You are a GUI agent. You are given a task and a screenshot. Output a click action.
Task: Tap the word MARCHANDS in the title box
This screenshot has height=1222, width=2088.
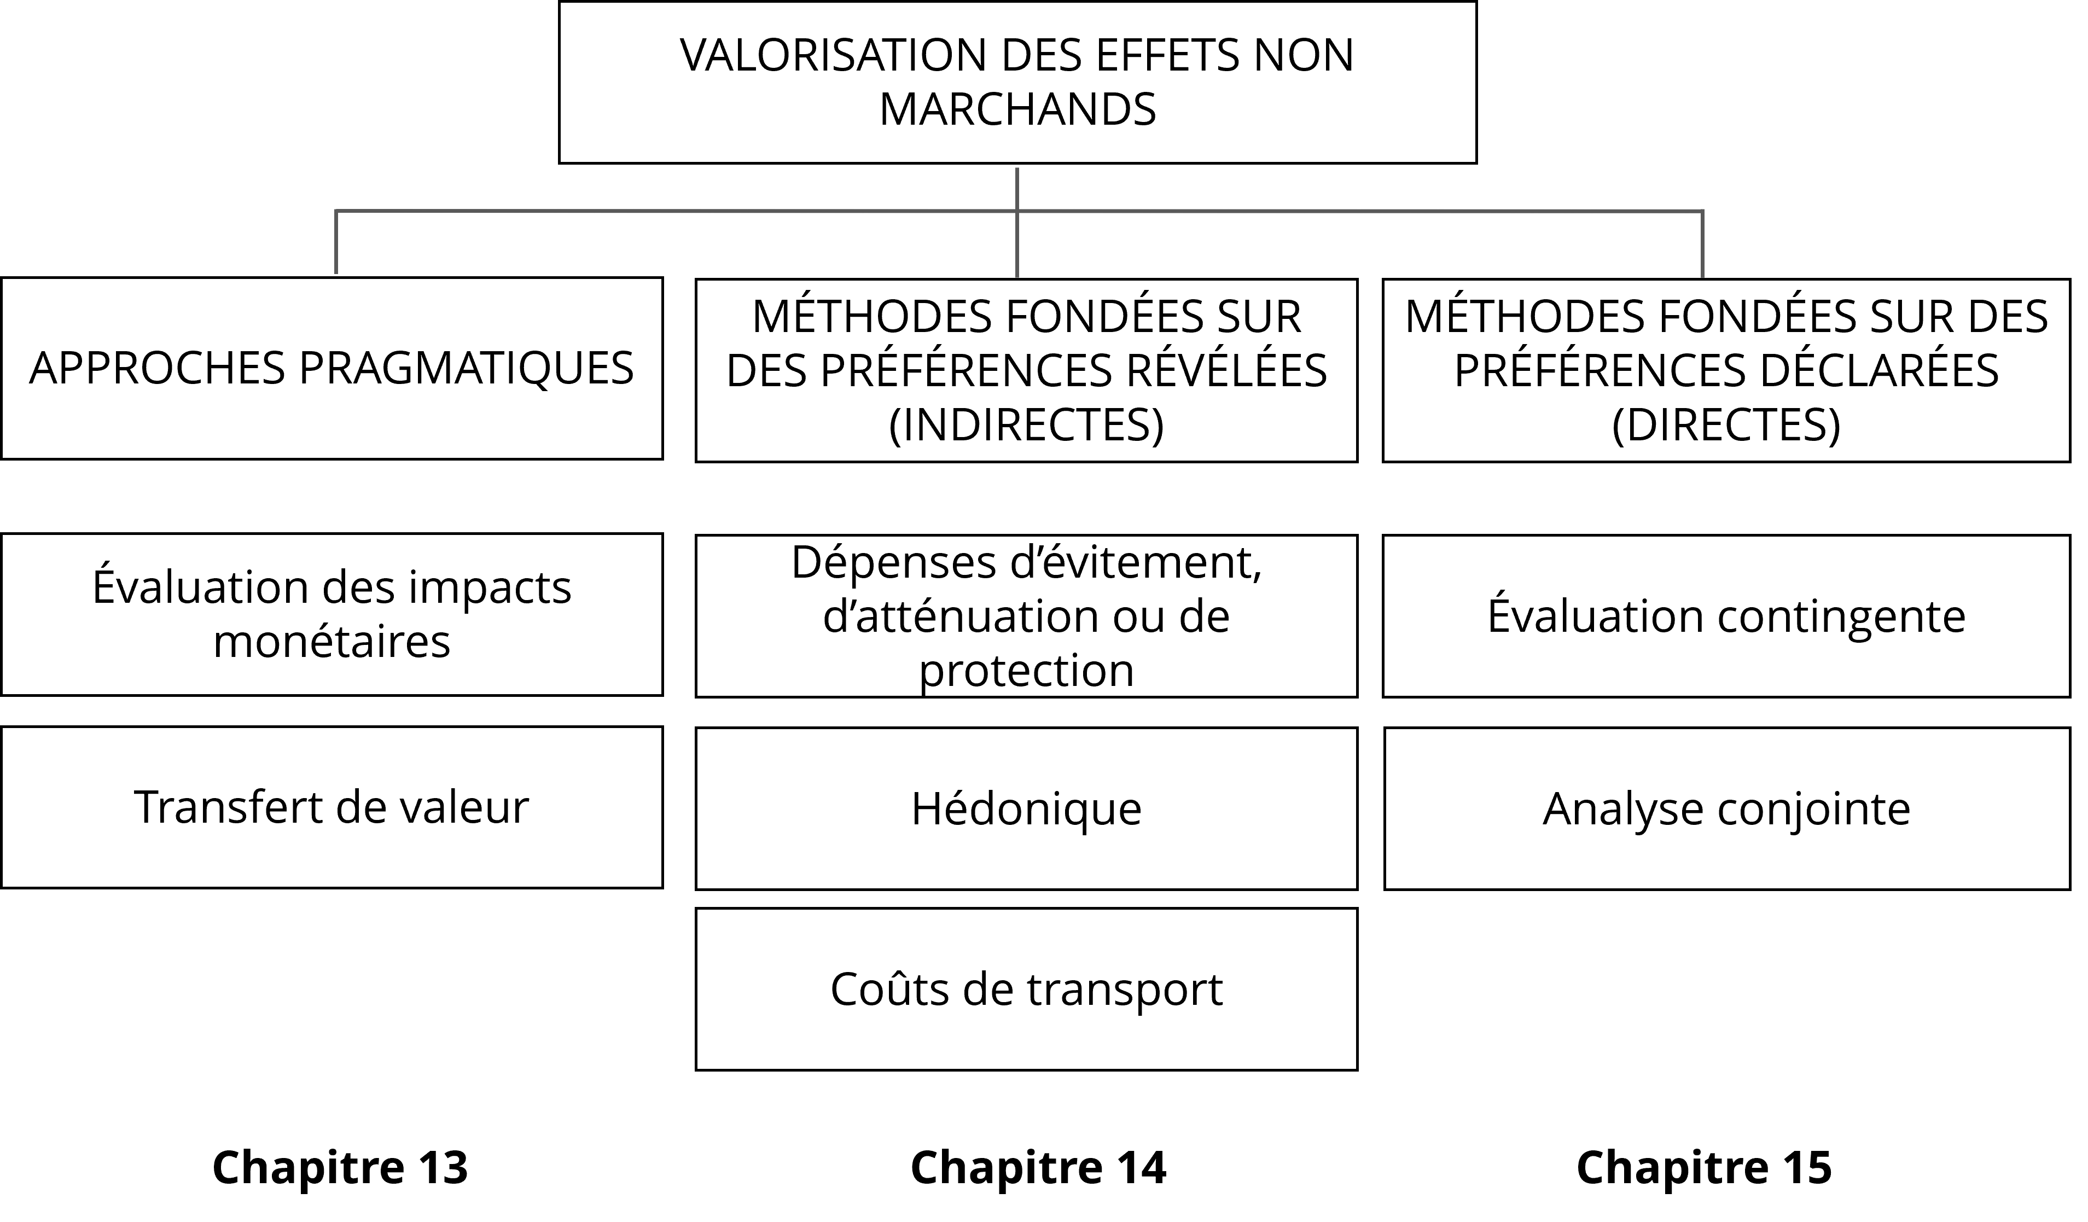[x=1017, y=109]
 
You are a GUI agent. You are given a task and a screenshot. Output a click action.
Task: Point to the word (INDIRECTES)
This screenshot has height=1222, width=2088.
[x=1026, y=424]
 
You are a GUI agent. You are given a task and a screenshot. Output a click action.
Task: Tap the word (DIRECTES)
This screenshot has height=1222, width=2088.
[x=1726, y=424]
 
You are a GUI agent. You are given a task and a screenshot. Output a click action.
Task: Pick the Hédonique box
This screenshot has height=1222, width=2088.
[x=1026, y=808]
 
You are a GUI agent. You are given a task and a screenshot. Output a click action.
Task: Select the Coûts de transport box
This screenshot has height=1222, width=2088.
[x=1026, y=988]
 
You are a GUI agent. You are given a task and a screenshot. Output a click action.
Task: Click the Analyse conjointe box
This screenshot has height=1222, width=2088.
[x=1726, y=808]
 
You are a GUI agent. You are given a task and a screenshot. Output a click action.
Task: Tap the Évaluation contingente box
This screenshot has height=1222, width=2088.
[x=1726, y=615]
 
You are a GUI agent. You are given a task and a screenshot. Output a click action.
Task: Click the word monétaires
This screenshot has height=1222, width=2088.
[x=331, y=641]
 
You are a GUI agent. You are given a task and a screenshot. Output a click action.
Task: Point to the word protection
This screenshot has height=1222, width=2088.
[x=1026, y=670]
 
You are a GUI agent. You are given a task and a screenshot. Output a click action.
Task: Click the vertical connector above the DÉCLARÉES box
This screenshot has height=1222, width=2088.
[x=1702, y=243]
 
